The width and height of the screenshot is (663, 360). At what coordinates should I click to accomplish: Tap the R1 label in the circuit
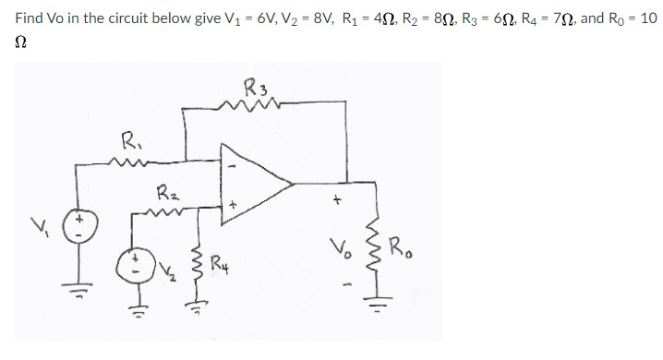pos(132,143)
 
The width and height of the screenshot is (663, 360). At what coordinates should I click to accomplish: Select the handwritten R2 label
pos(168,195)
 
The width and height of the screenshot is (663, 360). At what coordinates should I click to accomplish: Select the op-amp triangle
pos(250,193)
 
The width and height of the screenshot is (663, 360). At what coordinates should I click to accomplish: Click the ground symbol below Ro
pos(376,302)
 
